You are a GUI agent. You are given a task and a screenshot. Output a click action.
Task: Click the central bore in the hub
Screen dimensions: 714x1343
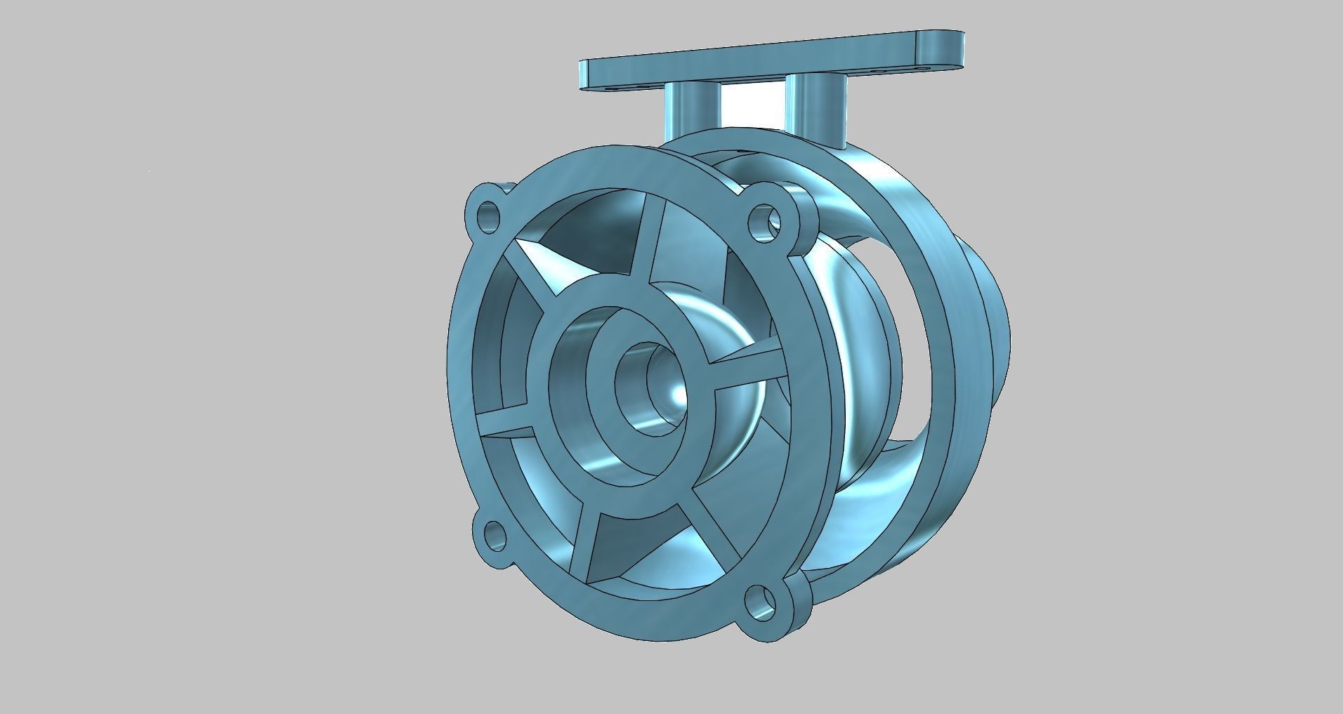click(x=643, y=379)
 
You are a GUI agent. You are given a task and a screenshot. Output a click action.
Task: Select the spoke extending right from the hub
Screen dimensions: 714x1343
click(x=745, y=365)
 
